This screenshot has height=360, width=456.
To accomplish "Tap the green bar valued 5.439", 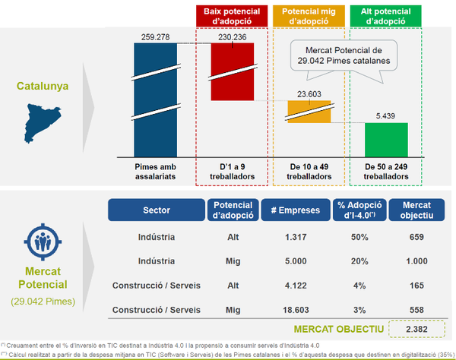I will point(386,138).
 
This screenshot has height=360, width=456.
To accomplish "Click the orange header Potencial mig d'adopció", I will point(310,17).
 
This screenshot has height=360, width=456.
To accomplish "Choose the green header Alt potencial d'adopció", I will point(386,17).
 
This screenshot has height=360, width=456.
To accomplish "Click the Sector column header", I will point(157,210).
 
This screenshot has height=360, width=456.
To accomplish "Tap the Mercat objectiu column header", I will point(411,210).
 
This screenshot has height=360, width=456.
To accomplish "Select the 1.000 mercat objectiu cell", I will point(411,261).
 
